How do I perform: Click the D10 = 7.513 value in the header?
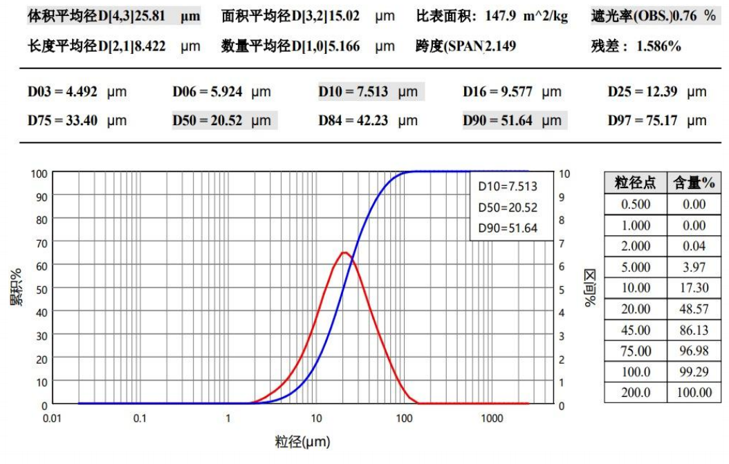tap(353, 92)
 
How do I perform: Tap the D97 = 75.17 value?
tap(643, 120)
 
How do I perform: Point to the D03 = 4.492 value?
tap(63, 92)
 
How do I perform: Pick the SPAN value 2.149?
tap(501, 47)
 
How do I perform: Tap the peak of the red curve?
tap(344, 252)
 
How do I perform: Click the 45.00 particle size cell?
tap(636, 330)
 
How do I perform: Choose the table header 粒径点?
tap(636, 183)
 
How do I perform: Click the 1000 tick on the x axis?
tap(492, 418)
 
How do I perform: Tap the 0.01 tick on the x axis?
tap(53, 418)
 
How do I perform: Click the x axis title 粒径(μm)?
tap(302, 441)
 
